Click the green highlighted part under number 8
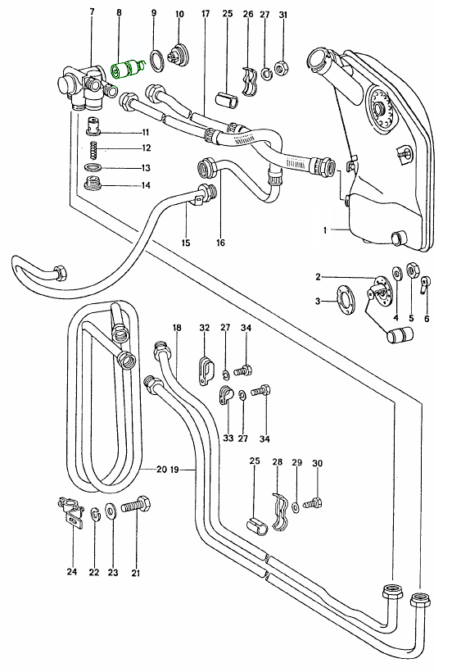tap(127, 69)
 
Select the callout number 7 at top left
tap(92, 11)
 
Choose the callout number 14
tap(146, 185)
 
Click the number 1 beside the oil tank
tap(325, 230)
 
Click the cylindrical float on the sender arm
tap(400, 334)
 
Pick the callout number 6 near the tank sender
tap(427, 319)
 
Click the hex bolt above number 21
tap(136, 506)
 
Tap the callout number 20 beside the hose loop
tap(161, 470)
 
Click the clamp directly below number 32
tap(205, 369)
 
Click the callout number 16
tap(220, 243)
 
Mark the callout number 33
tap(228, 438)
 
